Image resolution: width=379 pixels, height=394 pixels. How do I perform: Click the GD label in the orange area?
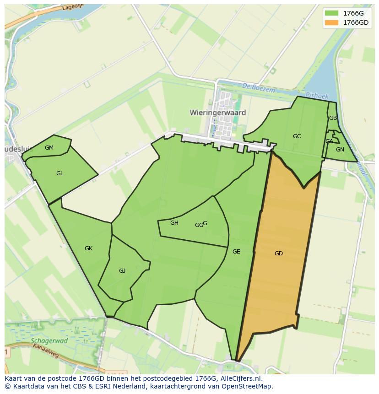pos(279,254)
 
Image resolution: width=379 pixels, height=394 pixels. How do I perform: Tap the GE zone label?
pos(236,251)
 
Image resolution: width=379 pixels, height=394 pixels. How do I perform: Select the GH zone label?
pos(174,223)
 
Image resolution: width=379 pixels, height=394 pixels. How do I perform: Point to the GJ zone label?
pos(122,271)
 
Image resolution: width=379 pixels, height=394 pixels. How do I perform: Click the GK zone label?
pos(89,248)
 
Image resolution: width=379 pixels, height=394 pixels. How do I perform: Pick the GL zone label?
pos(60,173)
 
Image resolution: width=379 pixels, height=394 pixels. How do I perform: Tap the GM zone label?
pos(49,147)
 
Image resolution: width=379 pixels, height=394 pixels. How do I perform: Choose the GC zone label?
pos(297,136)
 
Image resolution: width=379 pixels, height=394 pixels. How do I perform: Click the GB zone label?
pos(333,118)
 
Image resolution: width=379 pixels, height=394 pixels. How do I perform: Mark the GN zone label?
pos(340,150)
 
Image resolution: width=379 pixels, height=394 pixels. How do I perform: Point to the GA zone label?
pos(330,141)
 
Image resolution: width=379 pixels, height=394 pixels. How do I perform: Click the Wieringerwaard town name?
pos(218,112)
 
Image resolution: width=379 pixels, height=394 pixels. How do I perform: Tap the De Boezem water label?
pos(259,89)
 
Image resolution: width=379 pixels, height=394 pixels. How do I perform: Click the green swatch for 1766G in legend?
pos(332,13)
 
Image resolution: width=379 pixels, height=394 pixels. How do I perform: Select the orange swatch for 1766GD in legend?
pos(332,22)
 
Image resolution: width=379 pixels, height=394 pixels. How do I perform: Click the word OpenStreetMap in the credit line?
pos(247,386)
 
